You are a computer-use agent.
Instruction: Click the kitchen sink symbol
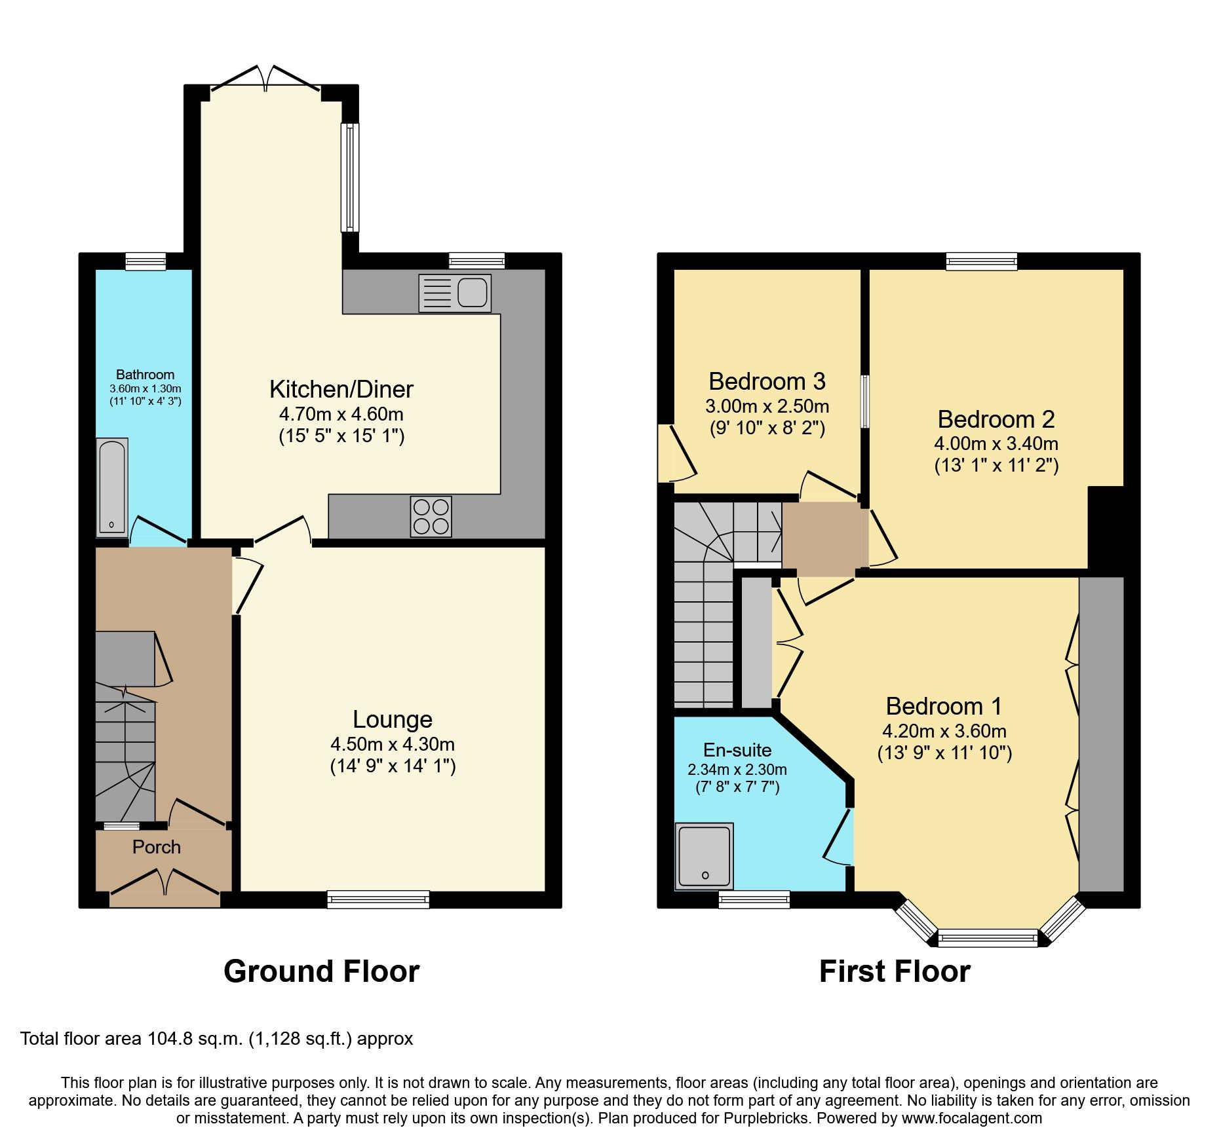[454, 292]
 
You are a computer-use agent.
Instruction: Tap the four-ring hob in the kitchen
[431, 517]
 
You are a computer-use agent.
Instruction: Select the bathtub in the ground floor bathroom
[112, 487]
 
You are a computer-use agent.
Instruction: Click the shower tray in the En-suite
[704, 856]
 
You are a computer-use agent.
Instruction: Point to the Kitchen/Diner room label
[341, 390]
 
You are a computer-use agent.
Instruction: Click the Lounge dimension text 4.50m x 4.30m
[392, 744]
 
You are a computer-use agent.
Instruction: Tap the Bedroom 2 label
[996, 419]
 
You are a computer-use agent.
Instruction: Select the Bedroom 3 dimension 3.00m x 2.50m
[767, 406]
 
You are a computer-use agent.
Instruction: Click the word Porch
[156, 847]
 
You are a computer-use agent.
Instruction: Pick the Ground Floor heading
[321, 971]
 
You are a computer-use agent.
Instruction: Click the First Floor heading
[894, 971]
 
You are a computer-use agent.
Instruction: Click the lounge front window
[378, 899]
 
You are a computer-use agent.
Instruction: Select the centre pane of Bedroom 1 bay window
[988, 938]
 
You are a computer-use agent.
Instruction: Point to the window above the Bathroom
[145, 261]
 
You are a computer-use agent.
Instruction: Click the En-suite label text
[737, 750]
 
